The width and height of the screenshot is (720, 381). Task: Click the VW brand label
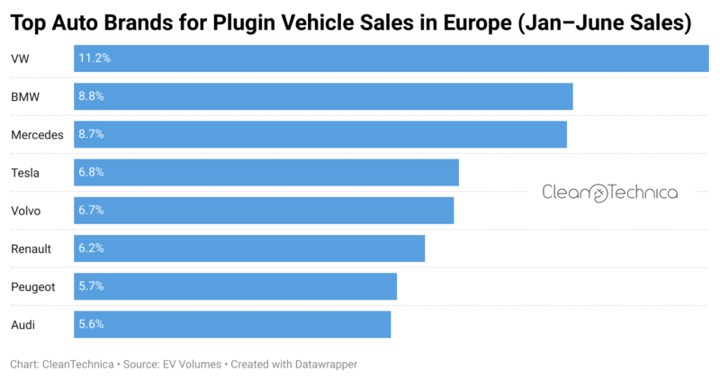point(20,59)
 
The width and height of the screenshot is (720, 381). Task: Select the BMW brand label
point(25,96)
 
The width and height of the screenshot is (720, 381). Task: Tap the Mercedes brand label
point(37,134)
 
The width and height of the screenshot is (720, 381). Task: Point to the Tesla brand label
point(25,172)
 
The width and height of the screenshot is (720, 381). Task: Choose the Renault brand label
point(31,249)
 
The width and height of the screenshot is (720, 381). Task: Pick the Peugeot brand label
point(32,286)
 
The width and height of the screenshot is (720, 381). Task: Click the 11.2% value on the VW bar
point(94,59)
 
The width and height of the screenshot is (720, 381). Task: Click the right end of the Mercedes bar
point(565,134)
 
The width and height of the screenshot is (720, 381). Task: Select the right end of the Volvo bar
point(452,210)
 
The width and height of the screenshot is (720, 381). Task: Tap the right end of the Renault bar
point(423,249)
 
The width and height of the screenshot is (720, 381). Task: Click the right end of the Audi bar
point(389,324)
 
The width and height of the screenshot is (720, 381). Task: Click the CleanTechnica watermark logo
point(609,192)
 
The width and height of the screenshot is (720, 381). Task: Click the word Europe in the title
point(475,23)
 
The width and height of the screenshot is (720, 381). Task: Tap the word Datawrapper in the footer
point(319,365)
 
